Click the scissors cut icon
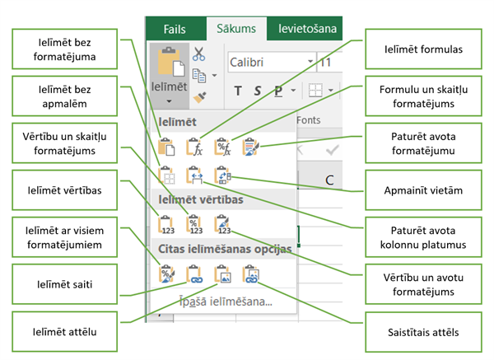coord(198,54)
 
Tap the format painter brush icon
coord(199,97)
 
